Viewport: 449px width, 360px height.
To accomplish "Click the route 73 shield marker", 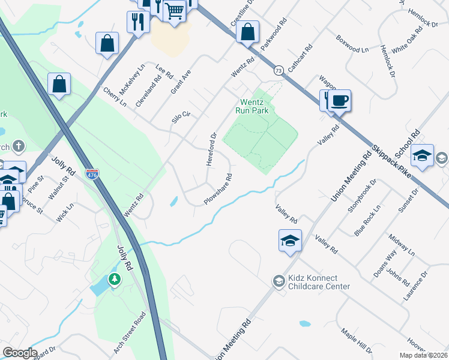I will pos(277,71).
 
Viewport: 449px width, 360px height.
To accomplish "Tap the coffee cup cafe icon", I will pos(340,100).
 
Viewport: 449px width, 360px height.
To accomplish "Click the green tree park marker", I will pos(114,279).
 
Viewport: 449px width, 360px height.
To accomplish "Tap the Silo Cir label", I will pos(181,117).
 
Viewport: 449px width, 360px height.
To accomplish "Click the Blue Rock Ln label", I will pos(367,220).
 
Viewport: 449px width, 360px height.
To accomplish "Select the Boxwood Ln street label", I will pos(352,47).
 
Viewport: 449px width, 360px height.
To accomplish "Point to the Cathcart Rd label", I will pos(300,58).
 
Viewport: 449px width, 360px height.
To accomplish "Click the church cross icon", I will pos(19,146).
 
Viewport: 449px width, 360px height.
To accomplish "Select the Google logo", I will pos(20,353).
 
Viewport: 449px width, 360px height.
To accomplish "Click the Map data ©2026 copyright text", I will pos(423,355).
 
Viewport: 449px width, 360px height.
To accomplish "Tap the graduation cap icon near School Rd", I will pos(422,155).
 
